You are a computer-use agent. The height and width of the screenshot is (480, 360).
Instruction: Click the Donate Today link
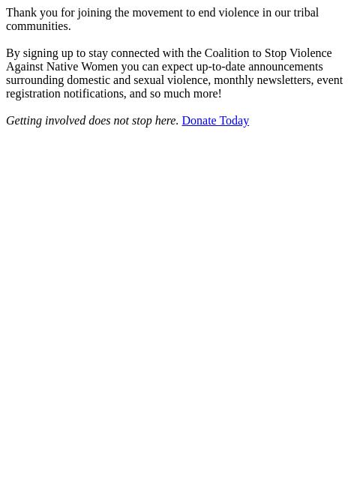(215, 121)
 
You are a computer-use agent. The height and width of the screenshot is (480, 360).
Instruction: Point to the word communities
(37, 26)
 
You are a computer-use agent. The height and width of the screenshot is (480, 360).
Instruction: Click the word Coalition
(227, 53)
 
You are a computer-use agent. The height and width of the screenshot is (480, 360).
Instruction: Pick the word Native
(61, 67)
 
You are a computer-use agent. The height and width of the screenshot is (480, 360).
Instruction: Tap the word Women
(99, 67)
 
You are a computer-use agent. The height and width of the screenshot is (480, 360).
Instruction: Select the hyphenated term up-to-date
(223, 67)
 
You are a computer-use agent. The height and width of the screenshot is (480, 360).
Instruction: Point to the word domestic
(88, 80)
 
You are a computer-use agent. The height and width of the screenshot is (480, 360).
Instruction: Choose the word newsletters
(283, 80)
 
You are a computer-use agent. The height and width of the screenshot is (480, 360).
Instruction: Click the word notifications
(94, 94)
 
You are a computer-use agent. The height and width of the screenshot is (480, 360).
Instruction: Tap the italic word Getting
(25, 121)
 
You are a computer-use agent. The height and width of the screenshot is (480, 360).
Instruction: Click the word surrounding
(34, 80)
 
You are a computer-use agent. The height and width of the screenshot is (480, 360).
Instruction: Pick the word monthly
(233, 80)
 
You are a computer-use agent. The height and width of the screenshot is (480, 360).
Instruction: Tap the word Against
(25, 67)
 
